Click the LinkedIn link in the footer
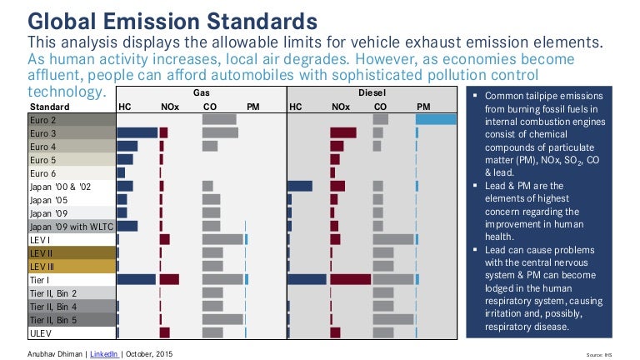[x=104, y=354]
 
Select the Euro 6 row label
[x=42, y=173]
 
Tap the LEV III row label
[x=42, y=267]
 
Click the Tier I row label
[x=39, y=280]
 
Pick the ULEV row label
[x=41, y=333]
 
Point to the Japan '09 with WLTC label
[x=72, y=227]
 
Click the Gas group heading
[x=201, y=92]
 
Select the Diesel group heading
[x=372, y=92]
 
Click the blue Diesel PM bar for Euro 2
[x=436, y=119]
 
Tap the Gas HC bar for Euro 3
[x=137, y=132]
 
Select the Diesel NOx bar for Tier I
[x=351, y=280]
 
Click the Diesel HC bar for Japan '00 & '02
[x=300, y=187]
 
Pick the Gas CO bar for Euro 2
[x=219, y=120]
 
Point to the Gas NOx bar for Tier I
[x=169, y=280]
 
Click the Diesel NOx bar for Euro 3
[x=343, y=132]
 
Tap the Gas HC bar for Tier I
[x=137, y=280]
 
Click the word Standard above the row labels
[x=50, y=107]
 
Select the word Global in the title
[x=62, y=21]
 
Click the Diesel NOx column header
[x=341, y=107]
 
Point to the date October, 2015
[x=149, y=354]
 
